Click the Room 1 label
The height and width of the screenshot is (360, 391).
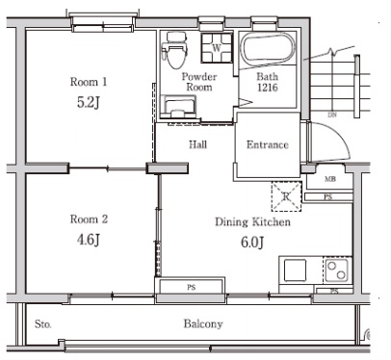click(89, 82)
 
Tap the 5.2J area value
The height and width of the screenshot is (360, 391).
click(89, 102)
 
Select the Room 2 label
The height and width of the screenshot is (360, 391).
click(89, 219)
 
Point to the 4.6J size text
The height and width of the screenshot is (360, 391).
click(89, 240)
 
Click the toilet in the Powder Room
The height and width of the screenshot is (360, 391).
click(175, 50)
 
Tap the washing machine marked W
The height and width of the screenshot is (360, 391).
click(217, 48)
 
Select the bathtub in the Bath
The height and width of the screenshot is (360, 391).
click(267, 49)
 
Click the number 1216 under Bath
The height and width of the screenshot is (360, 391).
click(268, 88)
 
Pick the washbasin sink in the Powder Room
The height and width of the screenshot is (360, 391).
click(177, 107)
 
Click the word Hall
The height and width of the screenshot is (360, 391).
click(197, 144)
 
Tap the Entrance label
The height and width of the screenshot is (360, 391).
click(268, 144)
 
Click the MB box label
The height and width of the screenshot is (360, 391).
click(330, 179)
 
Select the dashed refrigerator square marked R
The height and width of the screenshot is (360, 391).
click(287, 196)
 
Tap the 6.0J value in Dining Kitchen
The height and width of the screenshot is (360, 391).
click(252, 243)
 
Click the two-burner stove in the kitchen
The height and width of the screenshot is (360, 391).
click(337, 270)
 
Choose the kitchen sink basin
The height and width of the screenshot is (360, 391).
click(295, 270)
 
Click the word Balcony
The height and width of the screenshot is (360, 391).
click(203, 323)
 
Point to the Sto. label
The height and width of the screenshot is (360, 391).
click(43, 324)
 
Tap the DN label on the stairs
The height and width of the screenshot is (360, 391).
click(332, 115)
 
